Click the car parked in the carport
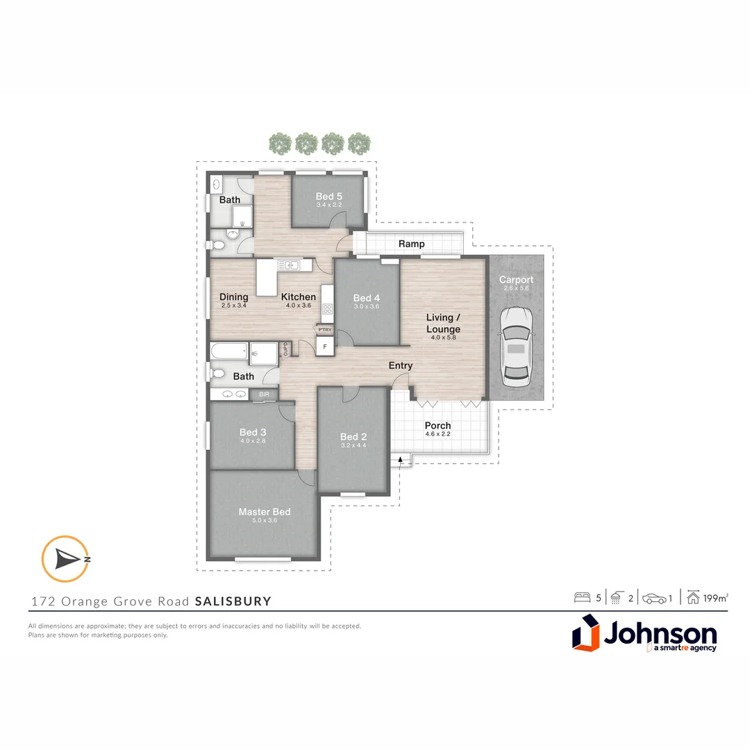point(515,347)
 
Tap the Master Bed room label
point(264,512)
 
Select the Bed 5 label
point(329,196)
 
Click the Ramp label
point(411,244)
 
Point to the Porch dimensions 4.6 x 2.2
point(437,435)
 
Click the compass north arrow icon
point(66,558)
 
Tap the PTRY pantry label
point(324,331)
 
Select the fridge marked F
point(324,346)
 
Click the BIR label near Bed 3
point(264,394)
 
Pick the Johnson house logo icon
point(585,633)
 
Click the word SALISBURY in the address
point(233,601)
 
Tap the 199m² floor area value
point(715,597)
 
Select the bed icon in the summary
point(582,597)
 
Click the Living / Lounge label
point(443,323)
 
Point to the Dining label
point(233,297)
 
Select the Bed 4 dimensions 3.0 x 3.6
point(366,306)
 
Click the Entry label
point(401,365)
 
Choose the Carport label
point(516,280)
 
